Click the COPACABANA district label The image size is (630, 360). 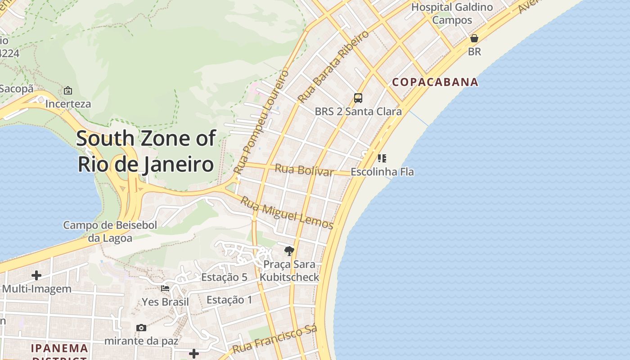[435, 82]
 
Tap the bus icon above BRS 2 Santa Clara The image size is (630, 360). [358, 98]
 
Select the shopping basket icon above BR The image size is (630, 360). [474, 38]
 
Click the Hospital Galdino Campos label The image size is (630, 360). [452, 13]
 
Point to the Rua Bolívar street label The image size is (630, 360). [304, 170]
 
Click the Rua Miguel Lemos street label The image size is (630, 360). [287, 213]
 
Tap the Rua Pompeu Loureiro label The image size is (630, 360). [261, 121]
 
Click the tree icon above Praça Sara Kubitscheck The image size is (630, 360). [289, 251]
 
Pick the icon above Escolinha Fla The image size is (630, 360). [382, 158]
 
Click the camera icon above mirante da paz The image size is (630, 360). [141, 328]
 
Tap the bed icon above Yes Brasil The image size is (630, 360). [165, 288]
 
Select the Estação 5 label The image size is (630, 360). [224, 277]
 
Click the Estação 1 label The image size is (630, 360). [229, 300]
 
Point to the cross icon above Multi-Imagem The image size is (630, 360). [36, 275]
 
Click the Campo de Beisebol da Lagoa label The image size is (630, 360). [110, 231]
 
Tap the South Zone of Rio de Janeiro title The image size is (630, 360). [146, 151]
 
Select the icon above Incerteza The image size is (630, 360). [68, 90]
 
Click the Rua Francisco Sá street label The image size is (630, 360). [275, 339]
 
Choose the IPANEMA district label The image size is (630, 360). [59, 348]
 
